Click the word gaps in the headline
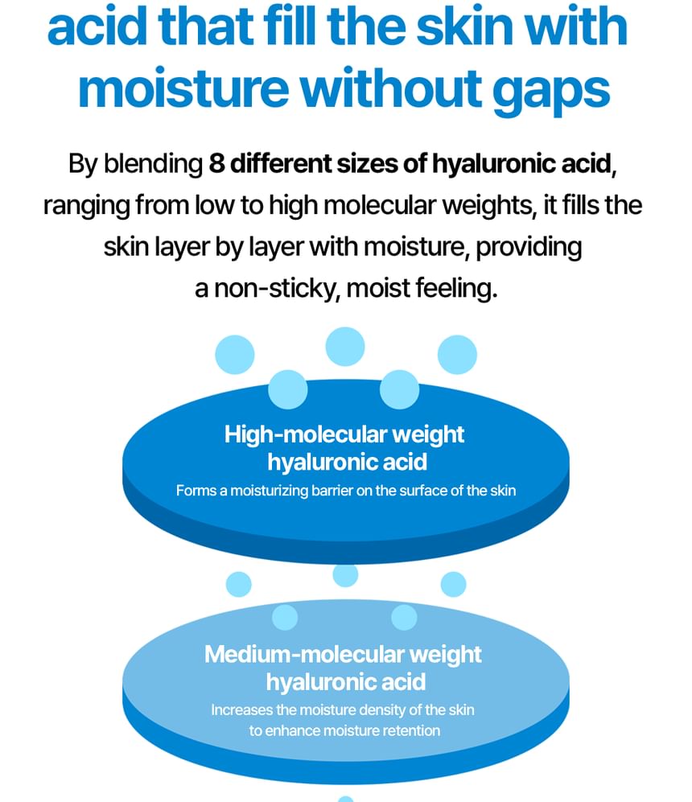(551, 91)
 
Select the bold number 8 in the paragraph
(216, 164)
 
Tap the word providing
(529, 248)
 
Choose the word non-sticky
(277, 289)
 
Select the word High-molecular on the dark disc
(305, 434)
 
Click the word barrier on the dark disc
(332, 491)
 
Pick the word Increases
(241, 710)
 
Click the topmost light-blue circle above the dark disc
(345, 347)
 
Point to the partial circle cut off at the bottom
(346, 799)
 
